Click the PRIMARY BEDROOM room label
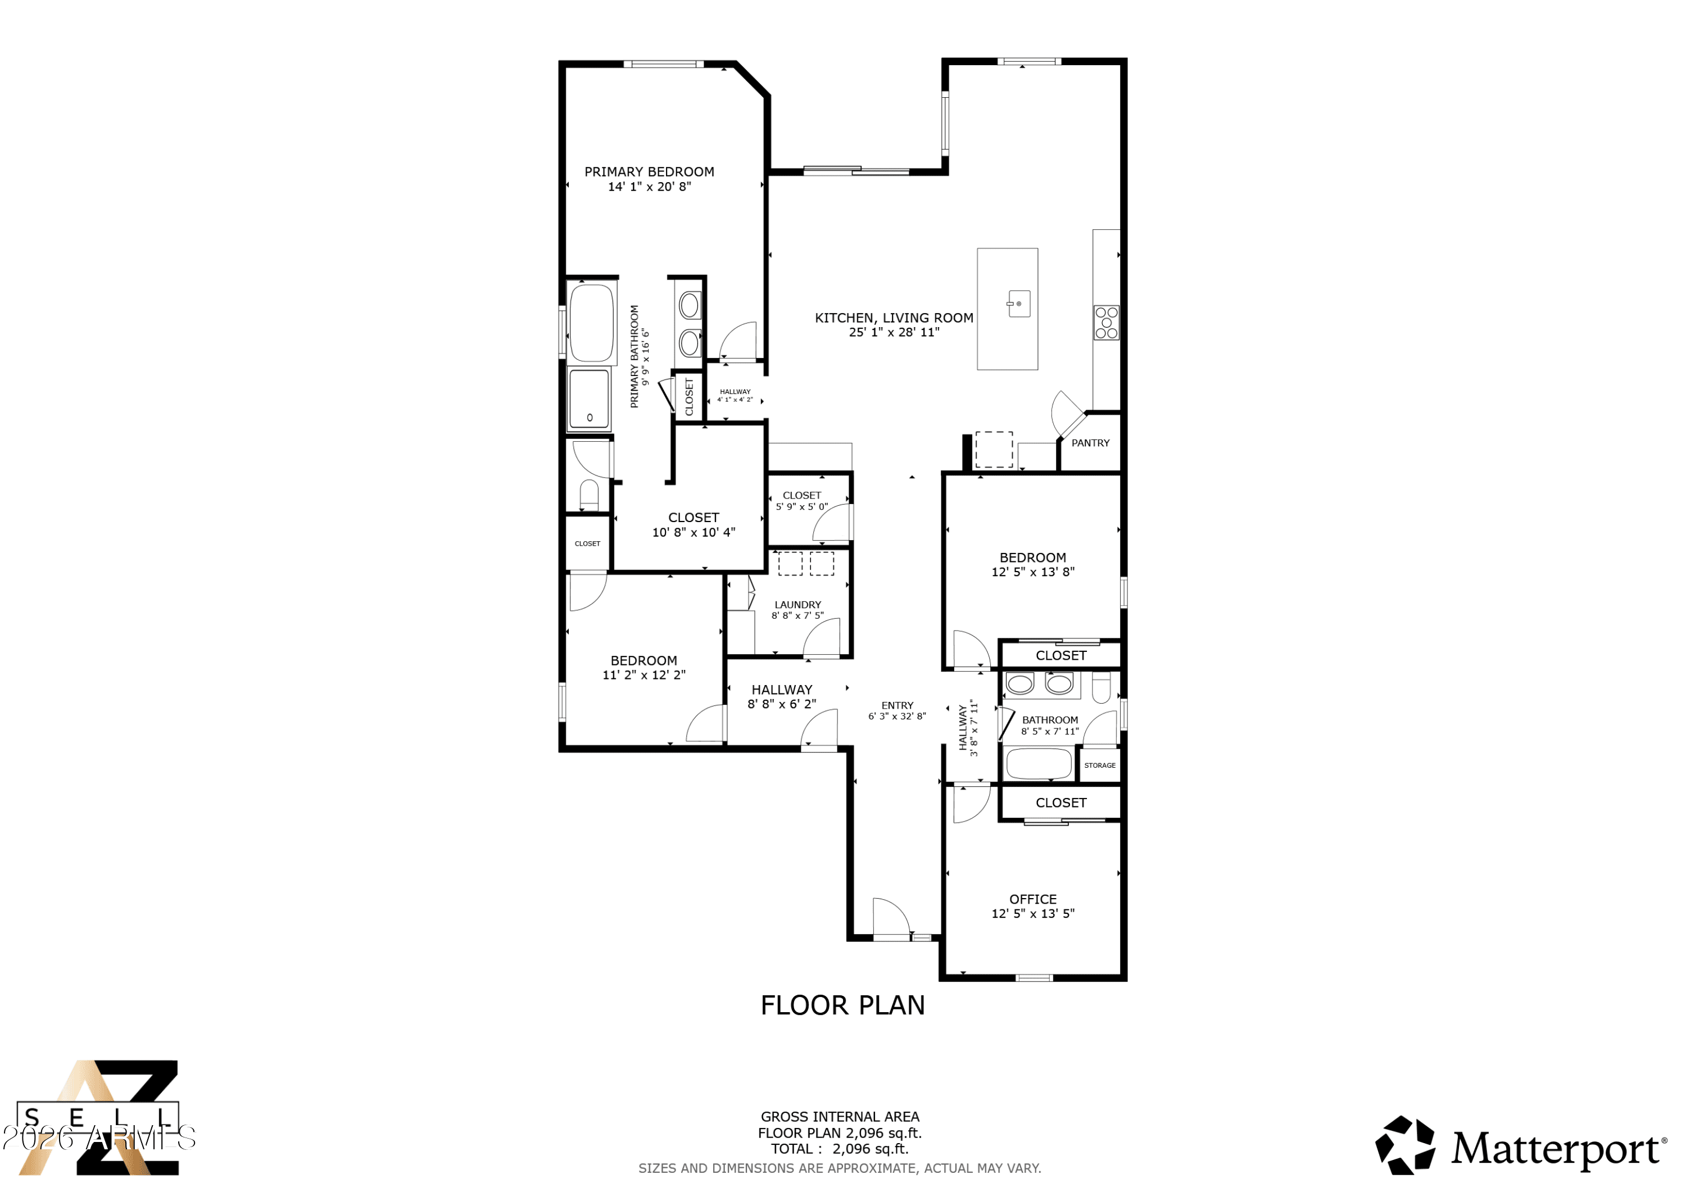click(x=649, y=172)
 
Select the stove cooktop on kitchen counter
click(x=1106, y=323)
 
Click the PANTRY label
click(x=1090, y=443)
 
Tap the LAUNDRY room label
click(x=797, y=605)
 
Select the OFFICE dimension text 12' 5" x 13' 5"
click(x=1032, y=914)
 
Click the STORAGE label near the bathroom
click(x=1099, y=765)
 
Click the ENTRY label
click(x=898, y=705)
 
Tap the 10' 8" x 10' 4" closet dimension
click(x=693, y=532)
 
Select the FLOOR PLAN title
click(x=842, y=1005)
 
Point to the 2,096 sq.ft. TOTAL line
click(x=839, y=1149)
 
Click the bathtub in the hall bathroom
click(x=1039, y=764)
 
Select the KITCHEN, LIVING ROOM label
click(x=894, y=318)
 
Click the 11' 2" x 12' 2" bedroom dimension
click(x=643, y=675)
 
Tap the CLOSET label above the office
click(x=1060, y=803)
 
